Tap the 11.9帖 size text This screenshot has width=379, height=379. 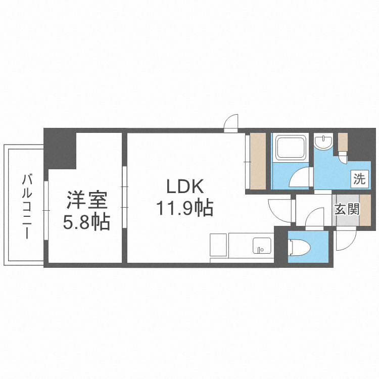185,208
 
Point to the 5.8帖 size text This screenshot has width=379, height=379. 86,222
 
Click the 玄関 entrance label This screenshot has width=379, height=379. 347,208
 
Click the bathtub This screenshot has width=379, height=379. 290,149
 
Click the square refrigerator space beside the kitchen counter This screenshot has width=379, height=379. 219,245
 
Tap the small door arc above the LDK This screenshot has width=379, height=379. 231,123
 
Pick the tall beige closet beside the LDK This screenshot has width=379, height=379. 257,162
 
